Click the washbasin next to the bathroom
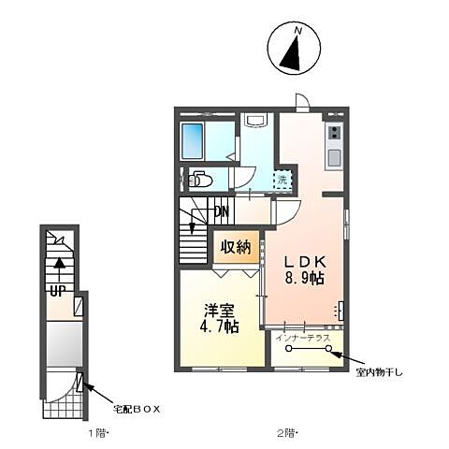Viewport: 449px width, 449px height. point(255,121)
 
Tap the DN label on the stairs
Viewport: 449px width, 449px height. point(223,211)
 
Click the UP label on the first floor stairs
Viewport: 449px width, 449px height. point(56,291)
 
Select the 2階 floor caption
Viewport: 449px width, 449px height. point(288,433)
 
